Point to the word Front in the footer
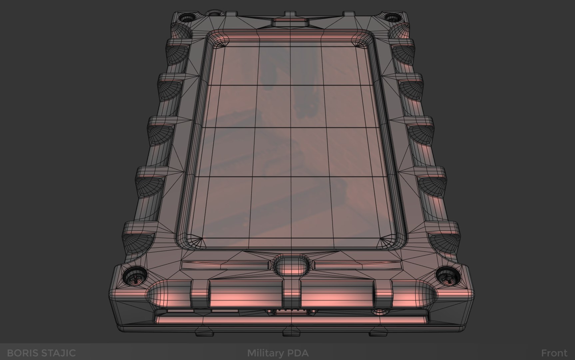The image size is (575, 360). pos(554,353)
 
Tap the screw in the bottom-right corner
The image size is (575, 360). pos(446,276)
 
